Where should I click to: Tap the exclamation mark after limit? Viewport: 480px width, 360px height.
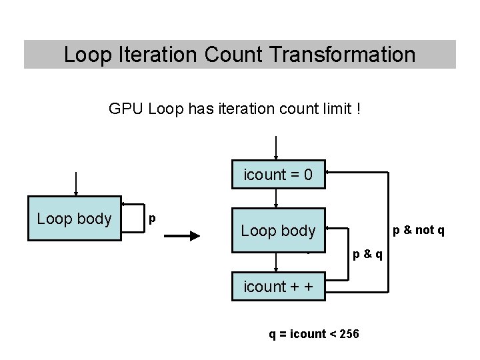tap(359, 108)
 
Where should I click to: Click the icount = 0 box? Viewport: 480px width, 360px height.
tap(278, 175)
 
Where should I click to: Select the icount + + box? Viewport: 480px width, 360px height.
tap(278, 287)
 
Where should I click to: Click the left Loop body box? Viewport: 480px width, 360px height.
tap(74, 219)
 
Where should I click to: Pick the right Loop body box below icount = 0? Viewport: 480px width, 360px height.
tap(278, 231)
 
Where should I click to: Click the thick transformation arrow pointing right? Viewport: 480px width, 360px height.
tap(181, 235)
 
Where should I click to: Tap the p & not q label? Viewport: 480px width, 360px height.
tap(418, 230)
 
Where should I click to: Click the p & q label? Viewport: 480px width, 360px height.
tap(367, 254)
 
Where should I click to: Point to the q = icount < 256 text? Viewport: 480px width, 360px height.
tap(313, 333)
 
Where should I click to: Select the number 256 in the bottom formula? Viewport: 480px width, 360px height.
tap(349, 333)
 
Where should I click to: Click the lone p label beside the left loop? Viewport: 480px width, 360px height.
tap(153, 218)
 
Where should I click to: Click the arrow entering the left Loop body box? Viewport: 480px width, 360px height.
tap(77, 183)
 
